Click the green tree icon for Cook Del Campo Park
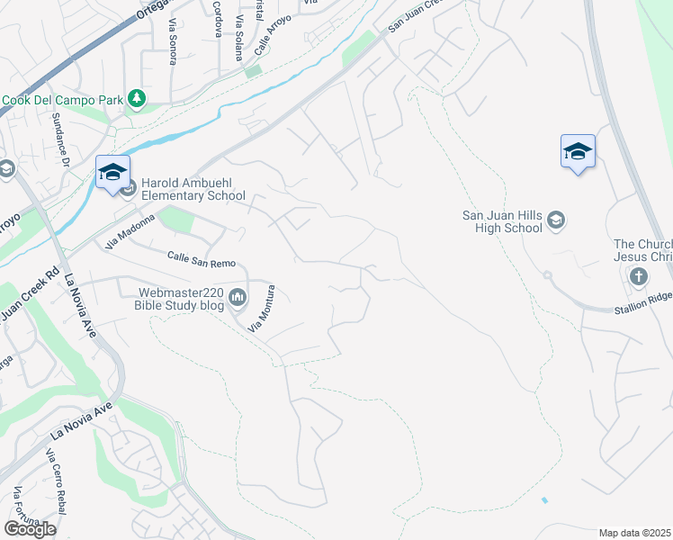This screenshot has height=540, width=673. (x=137, y=98)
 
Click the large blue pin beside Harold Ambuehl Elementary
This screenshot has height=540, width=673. (x=113, y=172)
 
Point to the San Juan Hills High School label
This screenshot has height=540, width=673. (x=502, y=221)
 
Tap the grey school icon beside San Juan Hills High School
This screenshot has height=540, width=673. (x=557, y=220)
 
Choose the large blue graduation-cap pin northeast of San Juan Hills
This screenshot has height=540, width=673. (x=578, y=151)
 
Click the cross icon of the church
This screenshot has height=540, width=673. (x=639, y=276)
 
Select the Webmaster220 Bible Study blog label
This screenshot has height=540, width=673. (x=179, y=299)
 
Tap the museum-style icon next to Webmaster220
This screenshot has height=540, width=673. (x=238, y=297)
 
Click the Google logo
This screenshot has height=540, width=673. (x=30, y=529)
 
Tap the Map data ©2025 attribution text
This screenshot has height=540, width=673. (x=634, y=533)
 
